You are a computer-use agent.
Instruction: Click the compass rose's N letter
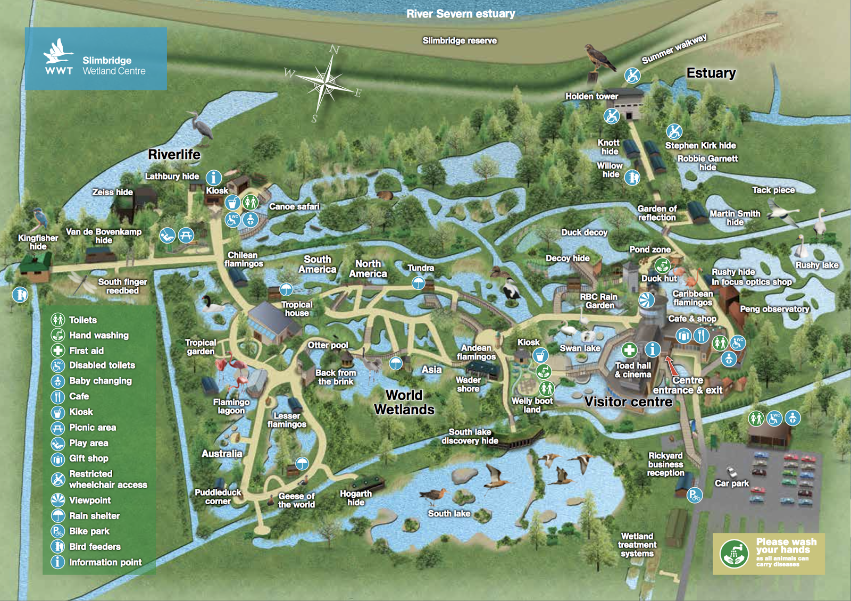point(335,49)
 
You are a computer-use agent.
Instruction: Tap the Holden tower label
point(591,96)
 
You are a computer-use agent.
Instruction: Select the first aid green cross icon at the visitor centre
point(629,350)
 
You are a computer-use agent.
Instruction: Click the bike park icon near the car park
point(694,496)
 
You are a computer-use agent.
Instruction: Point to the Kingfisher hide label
point(38,242)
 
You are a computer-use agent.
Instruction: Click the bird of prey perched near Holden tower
point(598,59)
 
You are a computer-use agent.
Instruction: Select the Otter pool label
point(328,345)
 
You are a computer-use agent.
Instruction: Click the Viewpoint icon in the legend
point(57,499)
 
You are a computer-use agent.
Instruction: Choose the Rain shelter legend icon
point(57,515)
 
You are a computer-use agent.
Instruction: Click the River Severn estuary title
point(461,14)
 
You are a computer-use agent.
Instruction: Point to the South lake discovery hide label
point(470,436)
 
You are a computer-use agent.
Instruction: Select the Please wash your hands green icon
point(734,554)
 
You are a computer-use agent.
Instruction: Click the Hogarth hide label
point(356,498)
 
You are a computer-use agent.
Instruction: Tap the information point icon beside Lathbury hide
point(214,178)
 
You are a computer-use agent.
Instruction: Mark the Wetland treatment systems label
point(637,545)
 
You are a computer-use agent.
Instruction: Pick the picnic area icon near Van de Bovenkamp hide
point(186,235)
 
